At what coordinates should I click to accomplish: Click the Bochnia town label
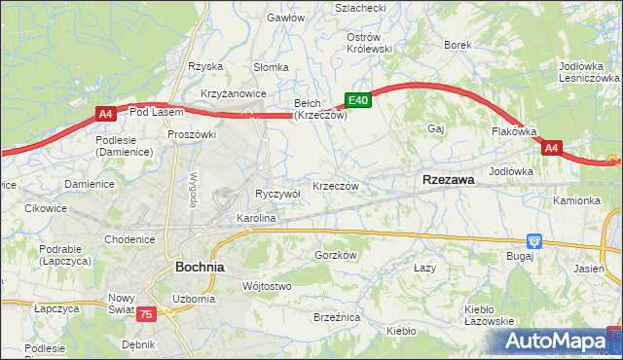pyautogui.click(x=200, y=266)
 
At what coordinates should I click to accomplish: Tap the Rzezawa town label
pyautogui.click(x=449, y=180)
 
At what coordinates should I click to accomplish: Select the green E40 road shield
pyautogui.click(x=358, y=99)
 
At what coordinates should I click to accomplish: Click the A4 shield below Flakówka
pyautogui.click(x=552, y=148)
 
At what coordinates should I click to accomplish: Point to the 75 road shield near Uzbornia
pyautogui.click(x=146, y=313)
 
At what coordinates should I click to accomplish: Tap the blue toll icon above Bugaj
pyautogui.click(x=533, y=240)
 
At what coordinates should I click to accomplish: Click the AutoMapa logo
pyautogui.click(x=560, y=342)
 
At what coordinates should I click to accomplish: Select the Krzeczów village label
pyautogui.click(x=337, y=186)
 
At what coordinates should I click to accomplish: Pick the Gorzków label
pyautogui.click(x=337, y=255)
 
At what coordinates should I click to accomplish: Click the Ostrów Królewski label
pyautogui.click(x=369, y=42)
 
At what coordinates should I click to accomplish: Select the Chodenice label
pyautogui.click(x=130, y=239)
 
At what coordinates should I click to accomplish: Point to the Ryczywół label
pyautogui.click(x=277, y=194)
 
